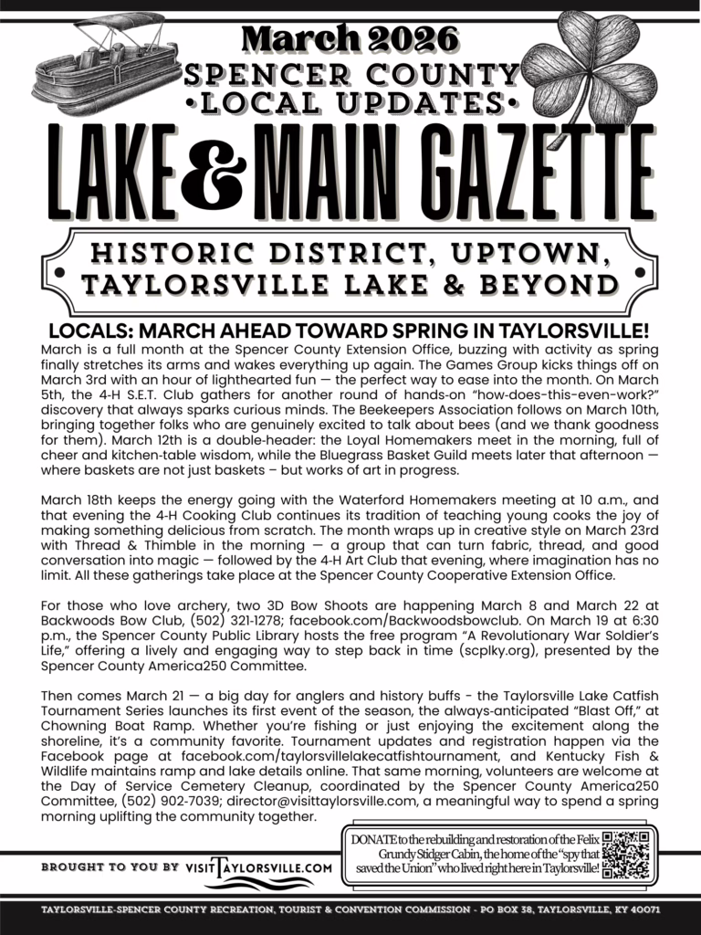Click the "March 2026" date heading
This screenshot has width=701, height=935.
(x=350, y=37)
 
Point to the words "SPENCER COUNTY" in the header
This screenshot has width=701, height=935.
(x=350, y=74)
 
